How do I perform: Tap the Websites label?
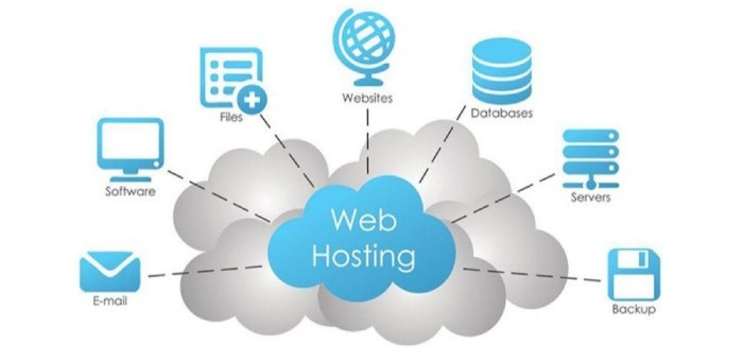pos(367,98)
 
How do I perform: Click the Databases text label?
pos(502,113)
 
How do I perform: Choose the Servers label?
pos(591,197)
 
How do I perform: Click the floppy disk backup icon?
pos(633,275)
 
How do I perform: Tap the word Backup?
pos(633,309)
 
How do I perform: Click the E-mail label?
pos(110,301)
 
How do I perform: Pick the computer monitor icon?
pos(130,149)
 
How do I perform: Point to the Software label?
pos(130,191)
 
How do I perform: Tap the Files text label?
pos(231,117)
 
